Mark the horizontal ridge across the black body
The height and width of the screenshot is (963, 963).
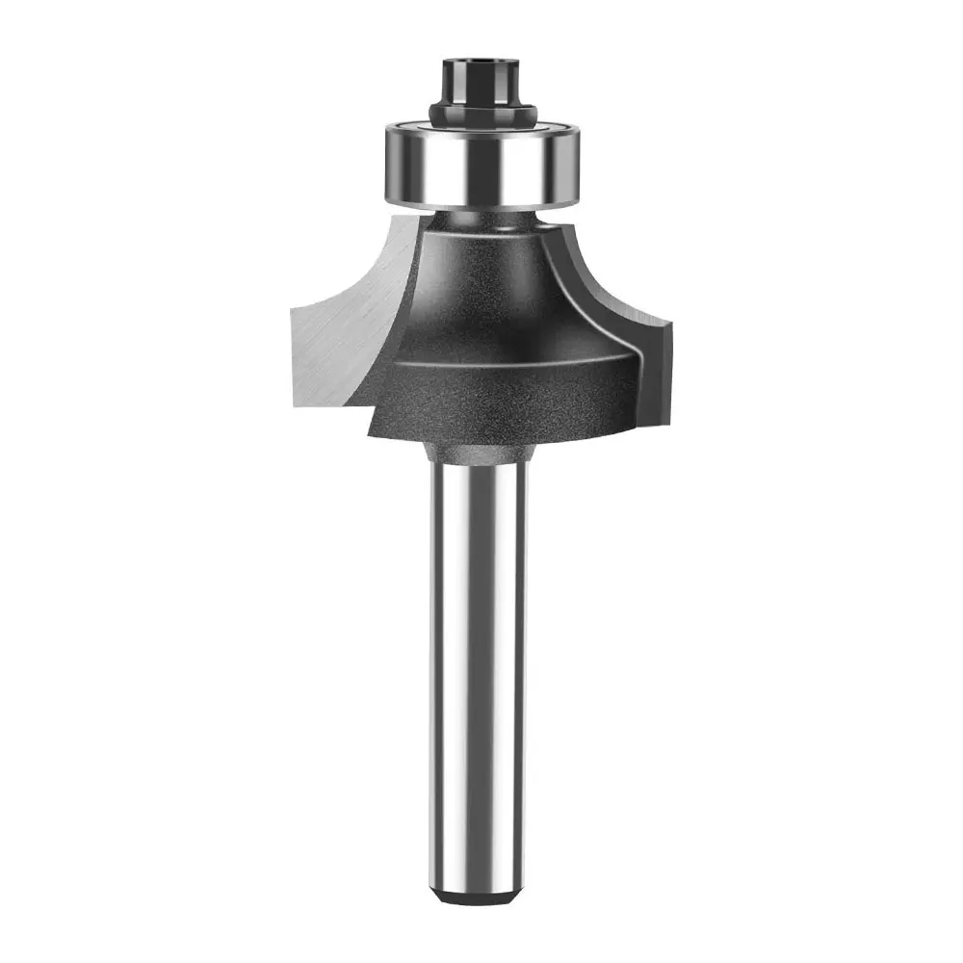click(510, 358)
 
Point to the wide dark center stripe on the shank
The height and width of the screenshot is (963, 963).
click(481, 674)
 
